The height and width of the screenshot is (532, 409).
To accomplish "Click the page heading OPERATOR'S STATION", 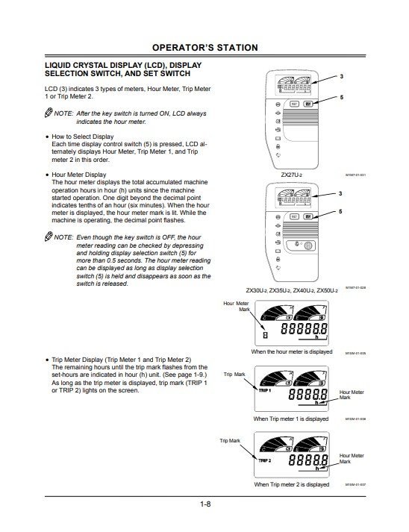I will (x=204, y=48).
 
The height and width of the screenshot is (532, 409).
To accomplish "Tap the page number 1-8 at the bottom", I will (x=204, y=505).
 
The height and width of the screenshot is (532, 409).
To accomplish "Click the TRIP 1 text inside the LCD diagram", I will (x=266, y=389).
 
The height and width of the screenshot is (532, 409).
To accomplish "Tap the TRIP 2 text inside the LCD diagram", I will (x=266, y=460).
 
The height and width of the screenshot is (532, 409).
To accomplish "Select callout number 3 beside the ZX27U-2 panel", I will (x=342, y=77).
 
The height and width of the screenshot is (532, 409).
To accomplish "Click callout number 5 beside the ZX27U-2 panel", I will (x=342, y=98).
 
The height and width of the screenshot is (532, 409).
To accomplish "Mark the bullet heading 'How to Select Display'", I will (x=82, y=137).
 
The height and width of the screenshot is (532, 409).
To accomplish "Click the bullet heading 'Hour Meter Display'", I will (x=78, y=175).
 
